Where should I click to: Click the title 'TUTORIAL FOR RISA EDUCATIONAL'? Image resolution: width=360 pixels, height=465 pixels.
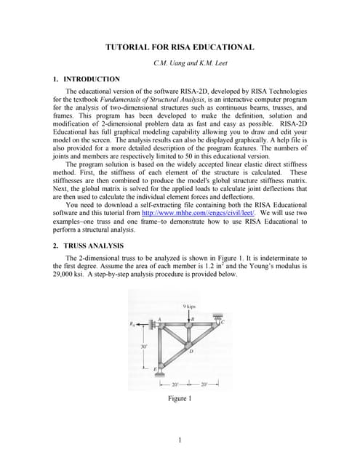point(180,47)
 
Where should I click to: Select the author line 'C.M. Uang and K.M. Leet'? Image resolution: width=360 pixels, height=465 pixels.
point(180,63)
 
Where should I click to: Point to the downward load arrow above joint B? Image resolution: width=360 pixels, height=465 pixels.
point(188,315)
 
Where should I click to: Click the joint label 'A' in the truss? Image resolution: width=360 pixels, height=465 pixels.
point(159,319)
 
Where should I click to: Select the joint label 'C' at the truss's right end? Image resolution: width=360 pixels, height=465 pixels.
point(223,322)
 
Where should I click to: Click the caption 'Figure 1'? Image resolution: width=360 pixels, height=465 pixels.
point(180,399)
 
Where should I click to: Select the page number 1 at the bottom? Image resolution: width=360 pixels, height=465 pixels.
point(180,440)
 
